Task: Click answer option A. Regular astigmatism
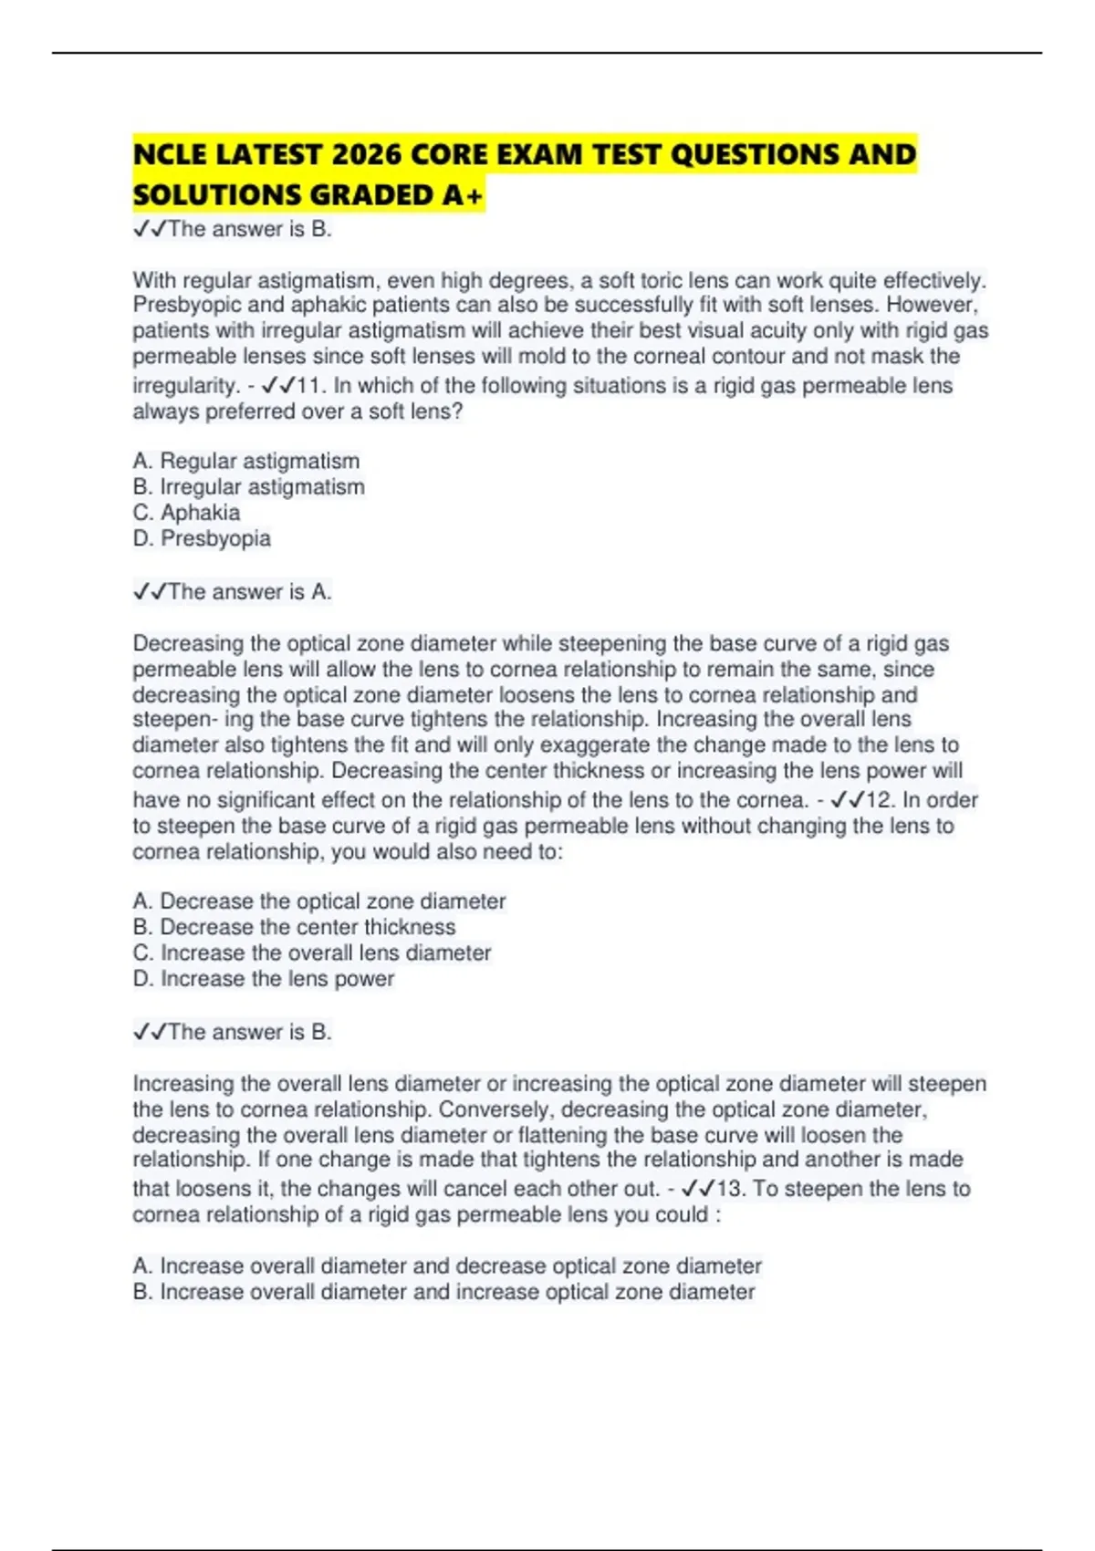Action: pos(245,461)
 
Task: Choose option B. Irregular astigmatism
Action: pos(248,487)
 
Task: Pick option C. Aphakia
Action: pos(186,513)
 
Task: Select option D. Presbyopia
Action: pos(202,538)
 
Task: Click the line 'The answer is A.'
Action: pos(233,592)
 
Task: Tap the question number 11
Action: pos(311,386)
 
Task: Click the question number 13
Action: pos(731,1189)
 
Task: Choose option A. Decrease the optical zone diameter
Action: pos(318,901)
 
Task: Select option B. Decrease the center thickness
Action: pos(294,927)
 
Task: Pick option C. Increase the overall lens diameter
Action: pos(311,952)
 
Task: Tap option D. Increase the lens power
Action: pos(263,979)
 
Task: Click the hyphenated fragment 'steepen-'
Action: pos(173,720)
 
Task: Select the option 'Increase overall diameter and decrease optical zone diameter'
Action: pos(446,1266)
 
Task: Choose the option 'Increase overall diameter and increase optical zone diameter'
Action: pos(443,1292)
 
